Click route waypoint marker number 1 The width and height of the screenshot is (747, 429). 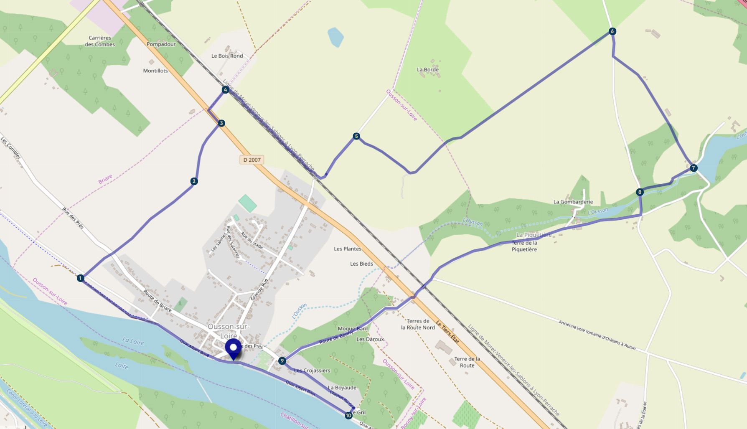click(81, 278)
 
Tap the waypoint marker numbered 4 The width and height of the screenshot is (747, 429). click(226, 90)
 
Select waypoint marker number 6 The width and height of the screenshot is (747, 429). click(612, 31)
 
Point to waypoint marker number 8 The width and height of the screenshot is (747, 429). click(640, 192)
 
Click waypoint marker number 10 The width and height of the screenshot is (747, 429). click(348, 416)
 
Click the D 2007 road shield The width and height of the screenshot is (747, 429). click(252, 160)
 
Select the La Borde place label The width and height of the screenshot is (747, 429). click(428, 70)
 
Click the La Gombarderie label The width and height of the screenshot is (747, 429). click(573, 202)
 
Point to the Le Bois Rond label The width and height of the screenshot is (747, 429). click(227, 56)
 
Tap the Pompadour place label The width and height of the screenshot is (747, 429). click(161, 44)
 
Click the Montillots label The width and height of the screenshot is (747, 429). click(155, 71)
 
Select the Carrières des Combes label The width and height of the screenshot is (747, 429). click(100, 41)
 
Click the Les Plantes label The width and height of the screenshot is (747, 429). click(348, 249)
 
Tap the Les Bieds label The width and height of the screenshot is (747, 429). click(361, 264)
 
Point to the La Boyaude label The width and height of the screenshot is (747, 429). click(342, 388)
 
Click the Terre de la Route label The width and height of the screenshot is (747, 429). click(467, 362)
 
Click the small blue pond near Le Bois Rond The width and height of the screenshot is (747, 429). click(335, 37)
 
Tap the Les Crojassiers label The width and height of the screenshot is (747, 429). click(312, 371)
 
